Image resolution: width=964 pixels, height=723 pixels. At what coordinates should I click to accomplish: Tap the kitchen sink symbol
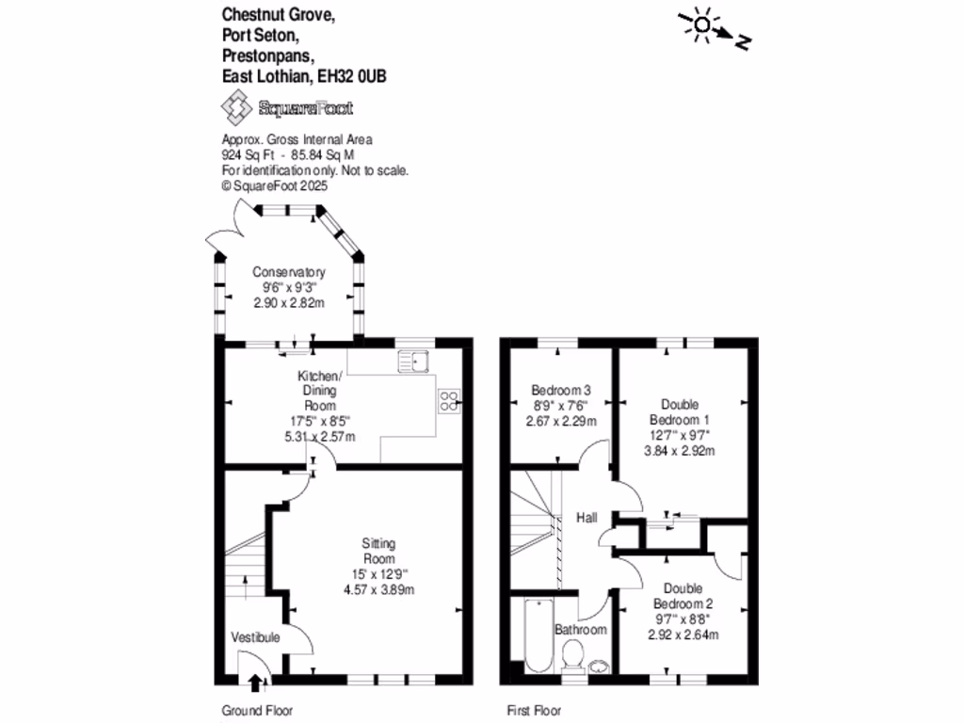(x=413, y=359)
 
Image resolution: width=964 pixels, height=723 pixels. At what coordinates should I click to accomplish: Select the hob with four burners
(x=448, y=402)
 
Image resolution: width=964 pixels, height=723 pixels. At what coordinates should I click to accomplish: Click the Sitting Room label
(x=380, y=551)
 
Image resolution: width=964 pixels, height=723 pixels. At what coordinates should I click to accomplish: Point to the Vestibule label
(x=255, y=637)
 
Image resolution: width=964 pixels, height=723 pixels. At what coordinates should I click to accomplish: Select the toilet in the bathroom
(x=571, y=655)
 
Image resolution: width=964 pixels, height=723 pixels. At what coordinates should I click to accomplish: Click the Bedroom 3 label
(x=561, y=390)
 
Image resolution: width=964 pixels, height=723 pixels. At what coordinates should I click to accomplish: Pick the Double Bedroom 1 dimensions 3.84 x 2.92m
(x=681, y=450)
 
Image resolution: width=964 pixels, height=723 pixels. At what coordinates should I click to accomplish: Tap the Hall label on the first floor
(x=586, y=519)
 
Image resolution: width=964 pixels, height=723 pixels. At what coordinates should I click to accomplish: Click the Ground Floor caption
(x=251, y=711)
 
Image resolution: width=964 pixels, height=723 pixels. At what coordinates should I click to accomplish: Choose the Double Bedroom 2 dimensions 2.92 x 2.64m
(x=683, y=635)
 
